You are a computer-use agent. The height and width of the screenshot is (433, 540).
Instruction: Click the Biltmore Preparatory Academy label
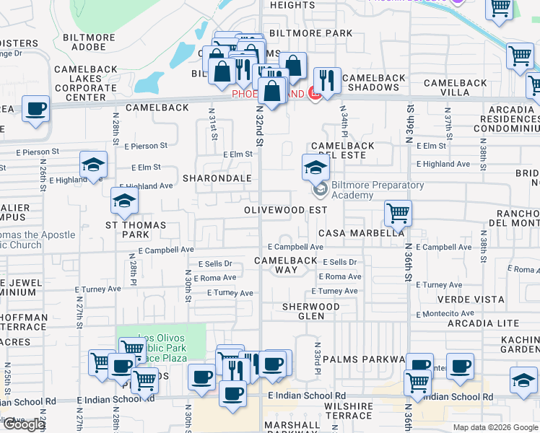tap(367, 190)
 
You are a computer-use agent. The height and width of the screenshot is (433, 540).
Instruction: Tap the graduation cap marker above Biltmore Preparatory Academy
tap(315, 168)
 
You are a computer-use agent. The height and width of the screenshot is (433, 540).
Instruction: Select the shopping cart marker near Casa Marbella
tap(397, 214)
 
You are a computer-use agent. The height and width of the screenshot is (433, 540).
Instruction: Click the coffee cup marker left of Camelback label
tap(35, 109)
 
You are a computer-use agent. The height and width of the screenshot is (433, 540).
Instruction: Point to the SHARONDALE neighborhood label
tap(217, 178)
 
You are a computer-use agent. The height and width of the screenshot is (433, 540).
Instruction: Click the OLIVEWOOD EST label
tap(285, 210)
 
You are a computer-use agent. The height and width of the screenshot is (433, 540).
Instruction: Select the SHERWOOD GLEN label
tap(311, 311)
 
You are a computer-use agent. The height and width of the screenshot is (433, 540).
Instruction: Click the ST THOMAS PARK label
tap(136, 229)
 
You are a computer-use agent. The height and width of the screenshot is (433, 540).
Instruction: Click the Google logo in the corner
tap(24, 424)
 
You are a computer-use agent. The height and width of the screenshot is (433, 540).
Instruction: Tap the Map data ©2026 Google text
tap(495, 427)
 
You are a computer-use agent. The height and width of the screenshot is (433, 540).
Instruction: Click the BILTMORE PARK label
tap(310, 33)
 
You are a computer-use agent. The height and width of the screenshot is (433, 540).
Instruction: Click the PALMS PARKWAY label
tap(363, 359)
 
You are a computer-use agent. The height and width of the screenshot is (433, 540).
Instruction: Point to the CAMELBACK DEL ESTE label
tap(342, 150)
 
